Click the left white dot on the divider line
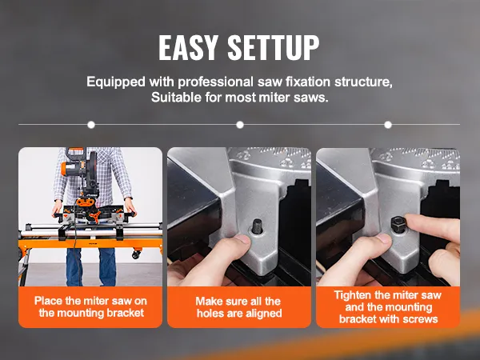pyautogui.click(x=91, y=125)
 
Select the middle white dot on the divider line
pyautogui.click(x=240, y=125)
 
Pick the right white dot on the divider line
pyautogui.click(x=388, y=125)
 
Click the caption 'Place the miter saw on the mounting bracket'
pyautogui.click(x=90, y=306)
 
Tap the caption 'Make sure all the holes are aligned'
pyautogui.click(x=239, y=306)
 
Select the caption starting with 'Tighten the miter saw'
pyautogui.click(x=387, y=306)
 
